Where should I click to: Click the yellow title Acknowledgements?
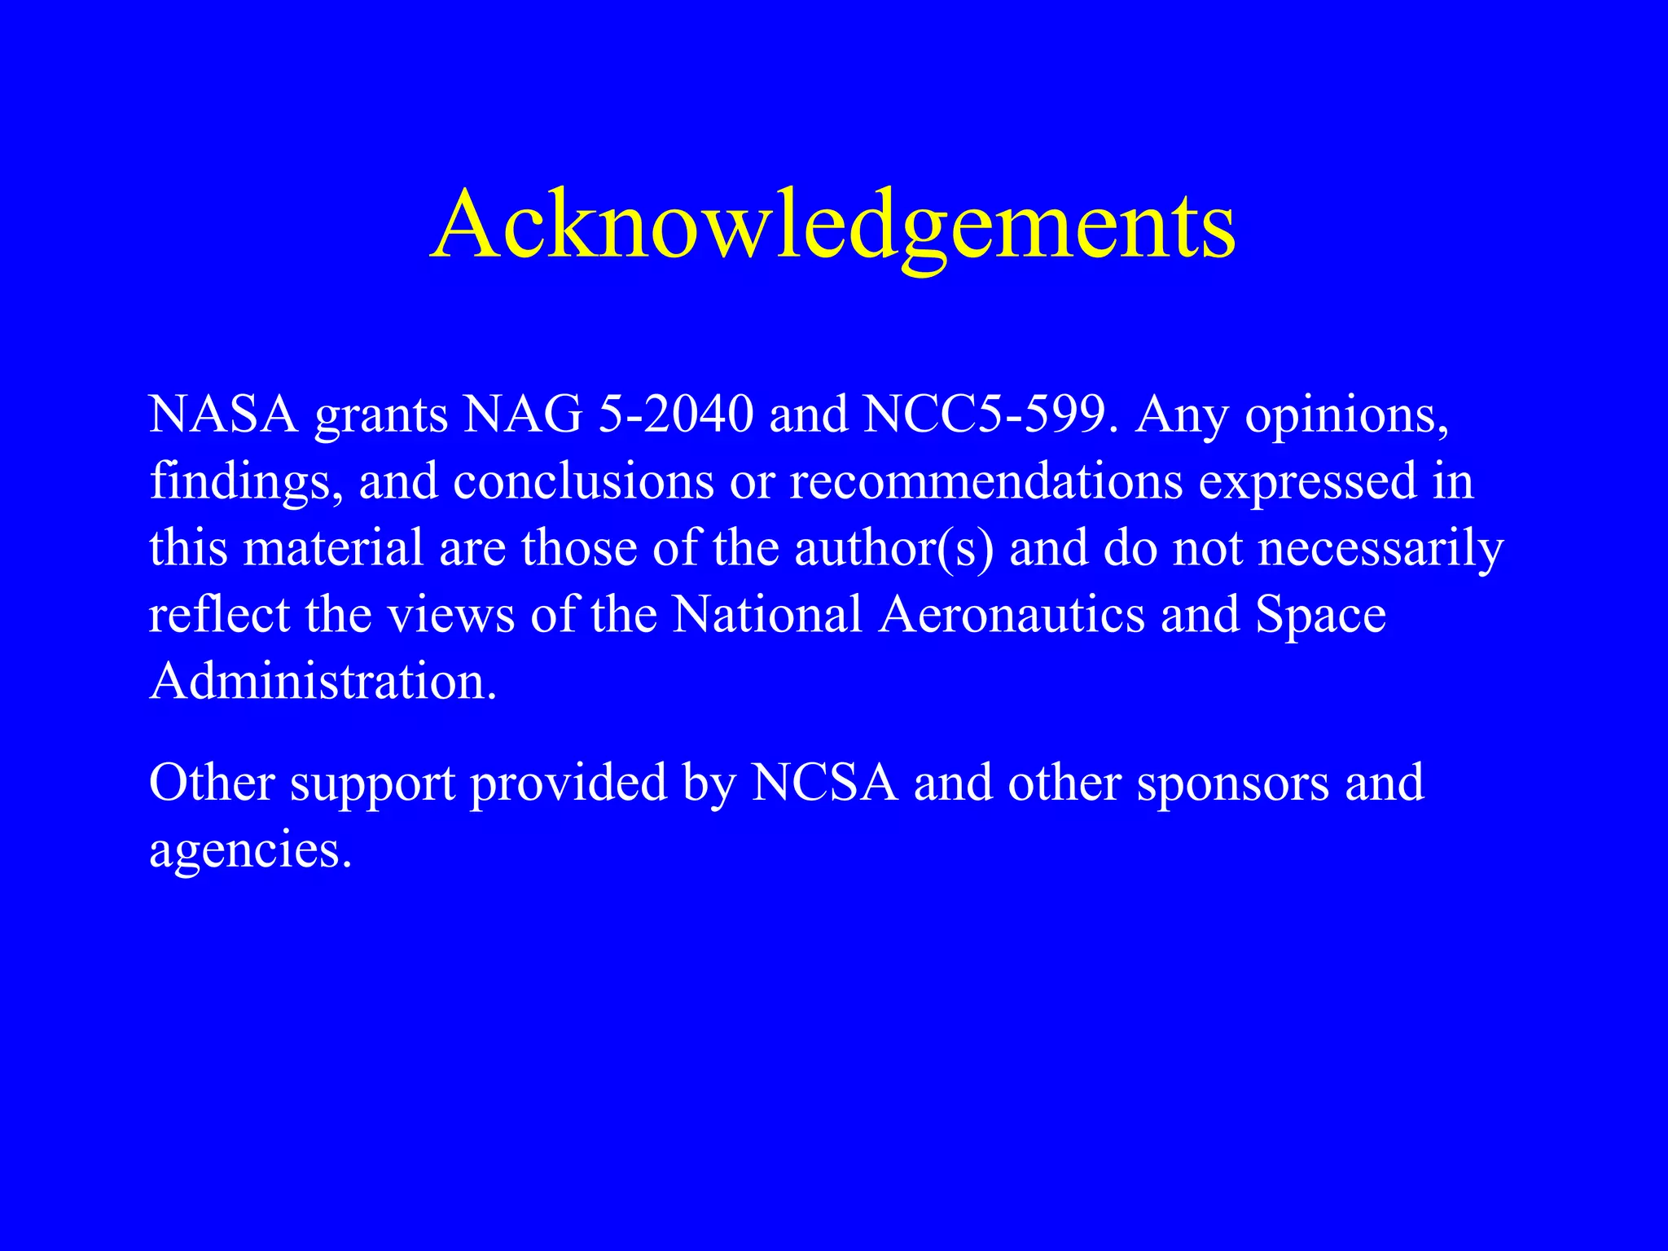[832, 225]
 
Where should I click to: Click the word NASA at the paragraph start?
[223, 415]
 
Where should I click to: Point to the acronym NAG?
[523, 415]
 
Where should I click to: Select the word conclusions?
[583, 481]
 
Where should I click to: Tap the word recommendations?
[985, 481]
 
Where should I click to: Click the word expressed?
[1308, 481]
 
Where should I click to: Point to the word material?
[333, 548]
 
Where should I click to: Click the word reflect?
[219, 614]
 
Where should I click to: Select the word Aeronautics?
[1012, 614]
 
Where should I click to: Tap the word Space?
[1320, 616]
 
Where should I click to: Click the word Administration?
[322, 681]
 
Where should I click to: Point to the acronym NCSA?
[824, 783]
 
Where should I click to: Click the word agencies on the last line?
[249, 851]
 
